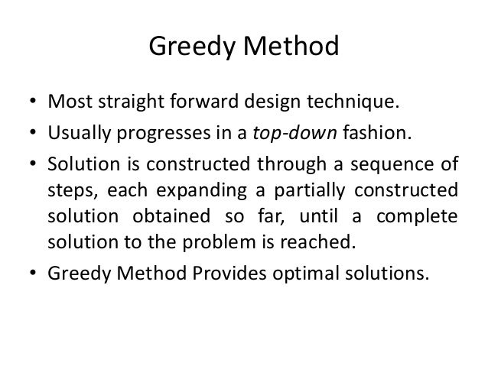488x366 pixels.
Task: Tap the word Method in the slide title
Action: click(290, 50)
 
